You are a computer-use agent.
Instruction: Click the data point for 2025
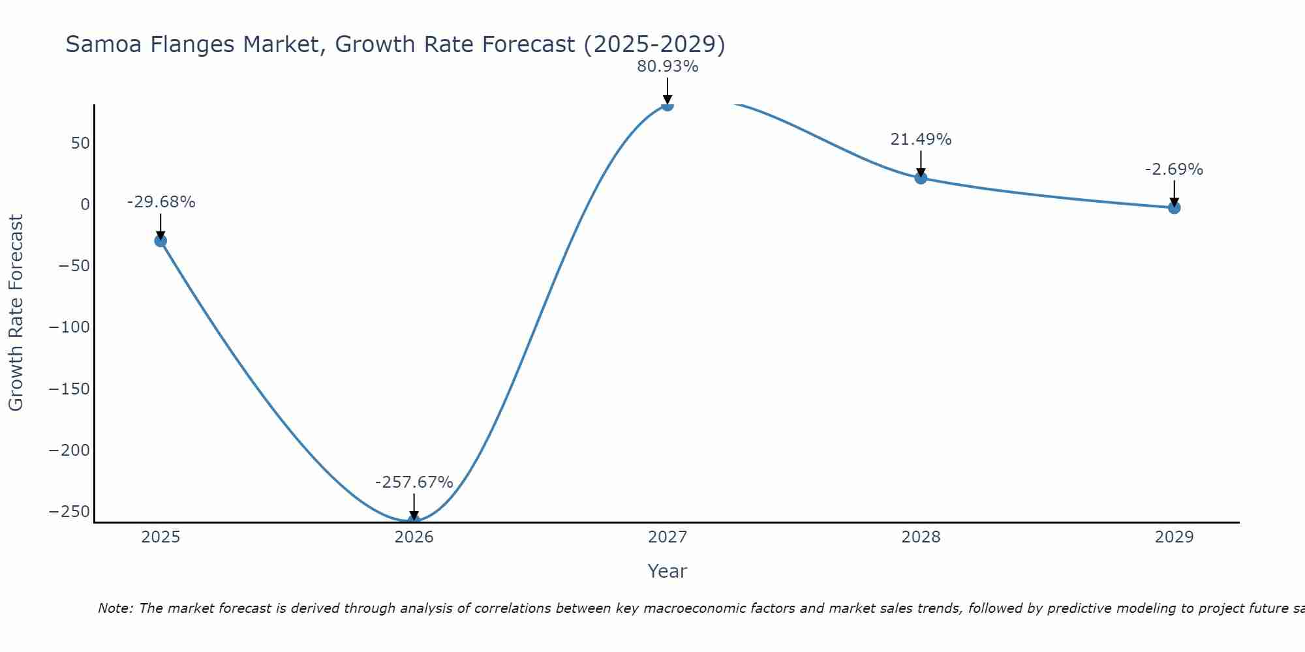pos(161,241)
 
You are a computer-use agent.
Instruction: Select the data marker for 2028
pos(921,177)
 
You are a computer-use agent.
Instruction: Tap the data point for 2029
pos(1174,208)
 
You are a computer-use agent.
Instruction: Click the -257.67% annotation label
pos(414,482)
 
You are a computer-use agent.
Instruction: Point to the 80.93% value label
pos(668,67)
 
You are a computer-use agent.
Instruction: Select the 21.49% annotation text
pos(921,140)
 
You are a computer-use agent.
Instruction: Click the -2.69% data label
pos(1174,170)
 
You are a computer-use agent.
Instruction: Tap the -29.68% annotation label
pos(161,202)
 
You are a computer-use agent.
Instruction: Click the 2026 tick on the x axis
pos(414,537)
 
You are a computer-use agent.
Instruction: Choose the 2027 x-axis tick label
pos(668,537)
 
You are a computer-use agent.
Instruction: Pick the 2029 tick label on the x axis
pos(1174,537)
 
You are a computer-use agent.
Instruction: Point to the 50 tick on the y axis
pos(80,143)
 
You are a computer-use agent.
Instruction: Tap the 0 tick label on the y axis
pos(85,205)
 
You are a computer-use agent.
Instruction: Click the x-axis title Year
pos(667,571)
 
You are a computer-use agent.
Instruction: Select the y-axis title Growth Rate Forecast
pos(16,312)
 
